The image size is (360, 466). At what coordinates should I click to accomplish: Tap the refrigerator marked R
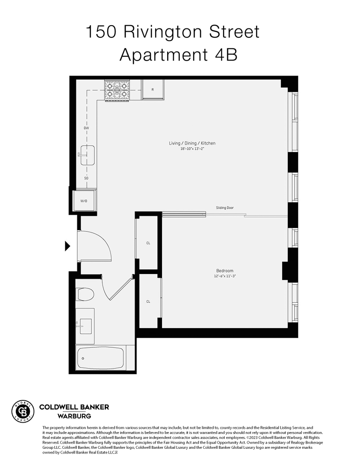coord(153,89)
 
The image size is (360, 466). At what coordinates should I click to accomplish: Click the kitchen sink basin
coord(88,155)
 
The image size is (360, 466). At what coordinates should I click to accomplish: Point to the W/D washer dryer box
coord(84,201)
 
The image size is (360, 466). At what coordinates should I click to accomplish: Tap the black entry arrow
coord(68,246)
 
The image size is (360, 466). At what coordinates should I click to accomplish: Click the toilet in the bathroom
coord(85,295)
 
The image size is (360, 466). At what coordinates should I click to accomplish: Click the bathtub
coord(101,358)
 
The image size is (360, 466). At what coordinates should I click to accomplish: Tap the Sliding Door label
coord(224,207)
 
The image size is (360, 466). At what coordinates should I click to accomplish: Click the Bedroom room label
coord(224,271)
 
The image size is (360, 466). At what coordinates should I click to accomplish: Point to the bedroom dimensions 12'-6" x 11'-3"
coord(224,276)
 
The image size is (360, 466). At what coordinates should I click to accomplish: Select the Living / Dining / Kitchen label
coord(192,143)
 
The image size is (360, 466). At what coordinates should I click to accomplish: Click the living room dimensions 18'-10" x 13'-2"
coord(192,149)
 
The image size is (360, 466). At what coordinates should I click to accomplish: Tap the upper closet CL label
coord(148,243)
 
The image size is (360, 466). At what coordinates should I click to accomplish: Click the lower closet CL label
coord(148,302)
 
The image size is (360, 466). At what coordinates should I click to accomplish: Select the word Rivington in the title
coord(161,32)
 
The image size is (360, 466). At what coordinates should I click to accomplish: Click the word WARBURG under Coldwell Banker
coord(74,416)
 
